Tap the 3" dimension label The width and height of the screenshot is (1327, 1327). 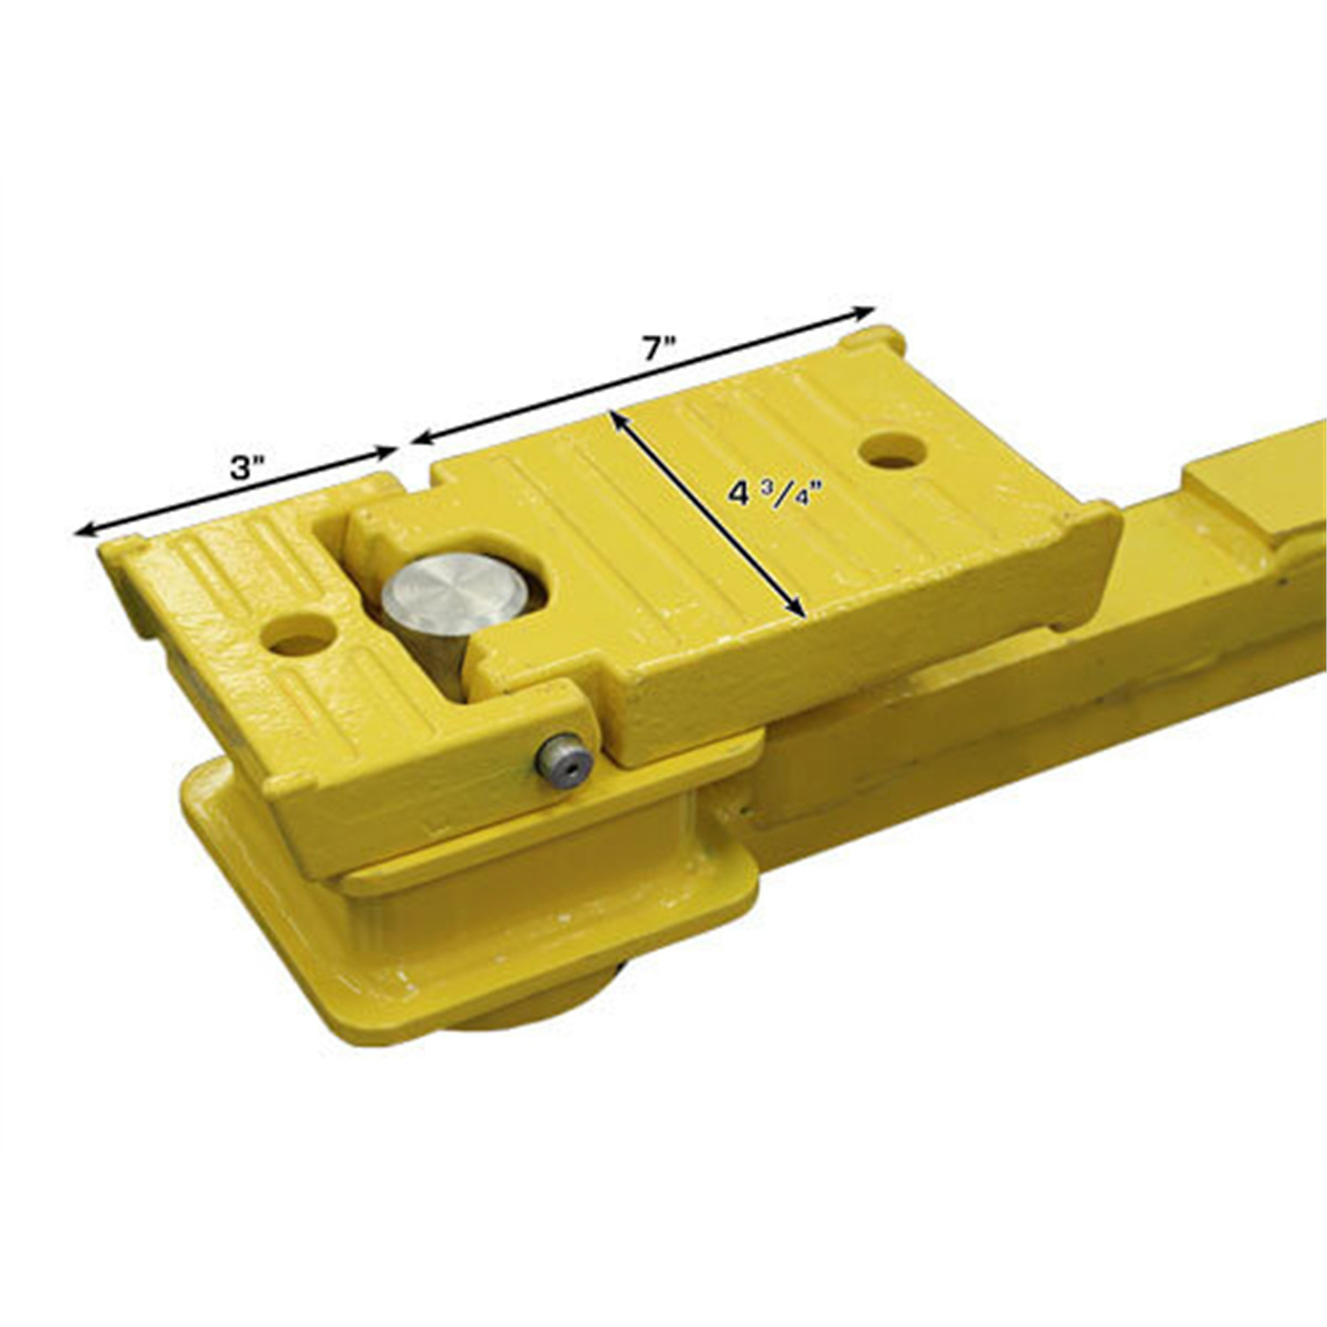[x=245, y=468]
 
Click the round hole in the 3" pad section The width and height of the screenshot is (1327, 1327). [x=299, y=632]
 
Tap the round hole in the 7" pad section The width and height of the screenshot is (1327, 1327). [x=893, y=450]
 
